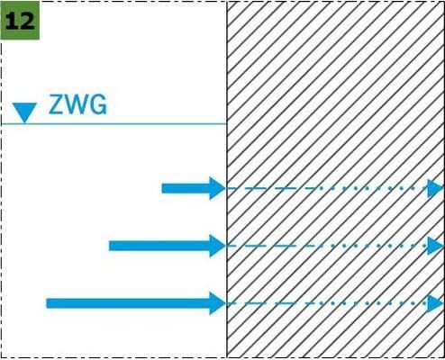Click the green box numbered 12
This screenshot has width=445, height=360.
(20, 21)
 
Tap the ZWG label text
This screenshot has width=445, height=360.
(77, 104)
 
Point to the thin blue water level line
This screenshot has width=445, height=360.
(114, 123)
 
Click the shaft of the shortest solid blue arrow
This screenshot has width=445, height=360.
(186, 188)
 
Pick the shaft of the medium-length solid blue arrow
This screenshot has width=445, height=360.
(159, 246)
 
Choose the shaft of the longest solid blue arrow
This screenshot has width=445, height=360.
(128, 303)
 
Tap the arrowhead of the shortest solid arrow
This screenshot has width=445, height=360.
(218, 188)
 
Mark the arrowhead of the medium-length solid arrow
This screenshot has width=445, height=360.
(218, 246)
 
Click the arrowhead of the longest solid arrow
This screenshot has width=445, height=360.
(218, 303)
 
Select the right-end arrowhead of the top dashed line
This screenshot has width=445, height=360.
(435, 188)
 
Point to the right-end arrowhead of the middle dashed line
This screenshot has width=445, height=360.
(435, 246)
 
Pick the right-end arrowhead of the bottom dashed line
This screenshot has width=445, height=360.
(435, 303)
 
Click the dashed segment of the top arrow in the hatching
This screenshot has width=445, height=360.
(272, 188)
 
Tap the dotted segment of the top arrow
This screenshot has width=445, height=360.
(374, 188)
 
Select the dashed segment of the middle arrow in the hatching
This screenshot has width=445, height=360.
(272, 246)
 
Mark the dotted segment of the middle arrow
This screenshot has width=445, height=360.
(374, 246)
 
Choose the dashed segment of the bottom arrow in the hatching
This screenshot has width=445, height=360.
(272, 303)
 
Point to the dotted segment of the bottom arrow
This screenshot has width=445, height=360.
(374, 303)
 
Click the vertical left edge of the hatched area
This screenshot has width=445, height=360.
(227, 179)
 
